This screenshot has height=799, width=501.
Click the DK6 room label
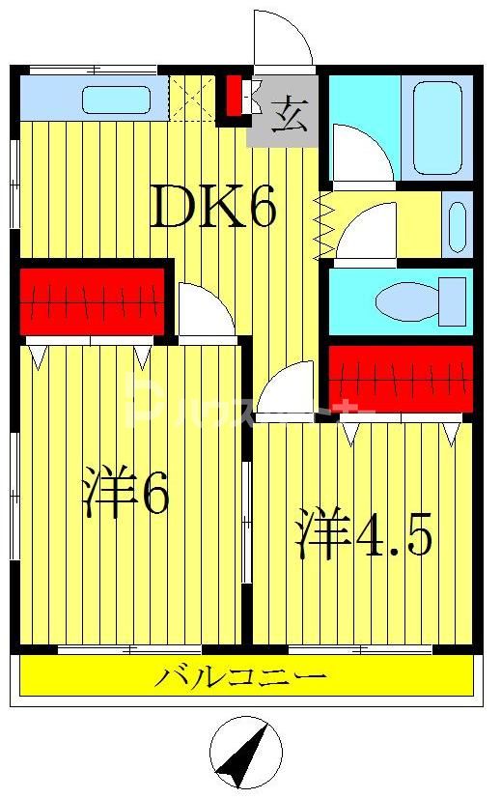tap(213, 206)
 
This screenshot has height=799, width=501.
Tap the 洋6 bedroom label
tap(126, 494)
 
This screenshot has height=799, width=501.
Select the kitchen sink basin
tap(116, 99)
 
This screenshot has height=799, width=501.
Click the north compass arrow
tap(245, 755)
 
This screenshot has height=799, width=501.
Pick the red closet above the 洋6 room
tap(93, 301)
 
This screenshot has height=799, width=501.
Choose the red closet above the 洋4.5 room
tap(401, 378)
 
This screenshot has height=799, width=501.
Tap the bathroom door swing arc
tap(361, 154)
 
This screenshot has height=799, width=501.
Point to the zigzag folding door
tap(322, 226)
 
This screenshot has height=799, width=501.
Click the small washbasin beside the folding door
tap(457, 223)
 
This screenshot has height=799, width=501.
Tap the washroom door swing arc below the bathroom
tap(368, 234)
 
